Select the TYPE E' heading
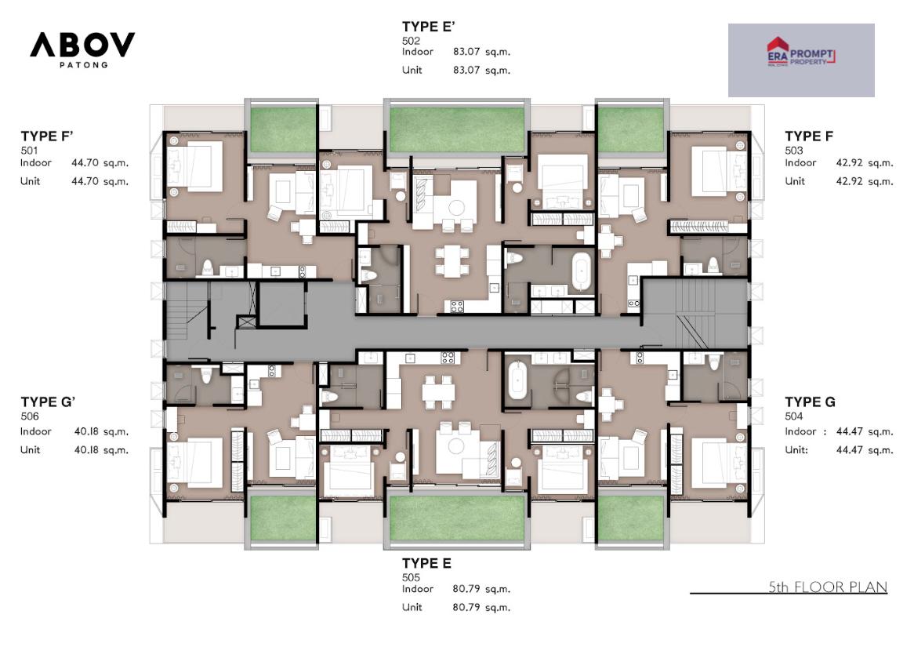429,27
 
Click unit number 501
29,151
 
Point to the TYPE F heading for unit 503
809,136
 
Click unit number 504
794,416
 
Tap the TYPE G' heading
49,402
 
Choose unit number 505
411,577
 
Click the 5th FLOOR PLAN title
828,587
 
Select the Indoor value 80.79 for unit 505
466,589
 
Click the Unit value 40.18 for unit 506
85,450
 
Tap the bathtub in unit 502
581,272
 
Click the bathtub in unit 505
517,381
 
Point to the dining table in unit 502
452,261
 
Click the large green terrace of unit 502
456,129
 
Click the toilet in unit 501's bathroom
207,267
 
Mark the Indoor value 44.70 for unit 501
85,163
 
